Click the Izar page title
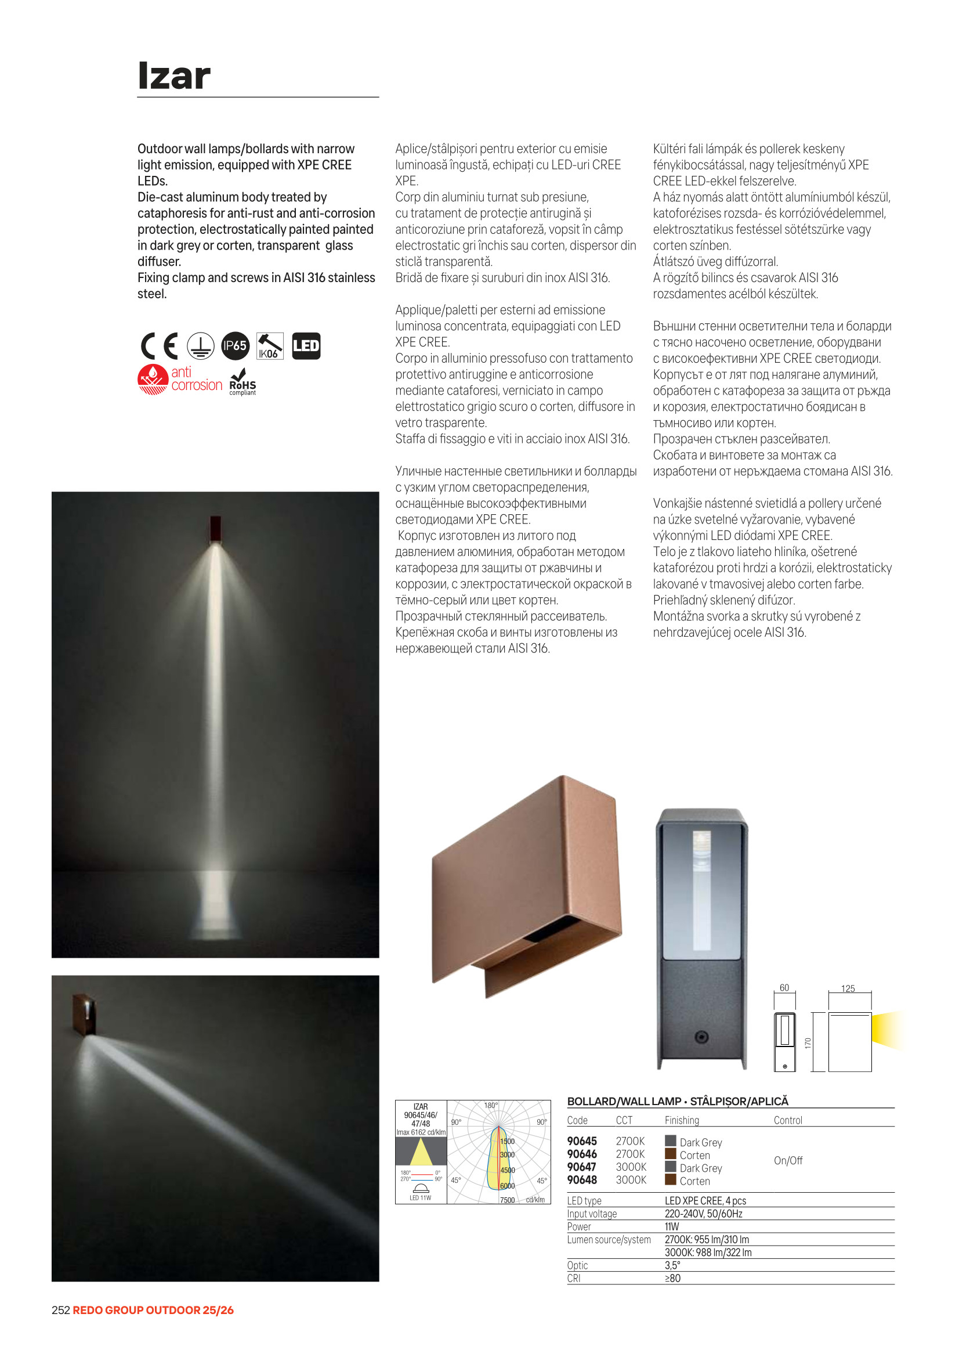[x=173, y=76]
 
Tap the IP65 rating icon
[x=235, y=346]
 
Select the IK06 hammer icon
[x=270, y=347]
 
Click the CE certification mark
[x=160, y=347]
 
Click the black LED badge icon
[x=306, y=346]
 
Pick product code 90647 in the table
[x=582, y=1167]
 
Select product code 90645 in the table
[x=582, y=1141]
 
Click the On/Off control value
[x=788, y=1161]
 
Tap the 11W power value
[x=672, y=1226]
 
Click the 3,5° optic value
[x=672, y=1265]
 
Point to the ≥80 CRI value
[x=672, y=1279]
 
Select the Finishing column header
[x=681, y=1121]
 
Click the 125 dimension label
[x=848, y=989]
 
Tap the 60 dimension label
[x=784, y=988]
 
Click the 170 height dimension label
[x=808, y=1043]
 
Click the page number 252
[x=61, y=1311]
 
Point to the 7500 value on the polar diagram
[x=507, y=1200]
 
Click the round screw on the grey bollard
[x=701, y=1037]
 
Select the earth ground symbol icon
[x=201, y=346]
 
